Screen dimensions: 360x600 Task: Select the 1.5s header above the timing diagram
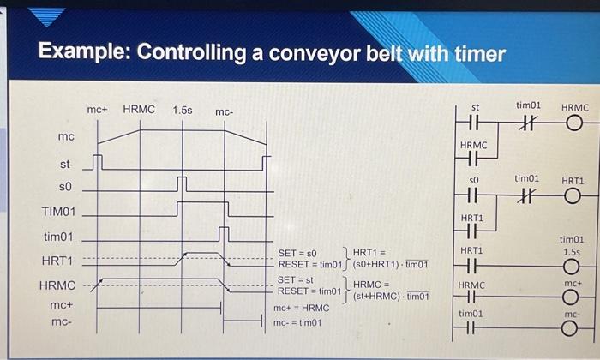(x=182, y=111)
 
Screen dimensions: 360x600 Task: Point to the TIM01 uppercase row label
(x=58, y=211)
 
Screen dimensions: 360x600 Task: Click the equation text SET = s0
(x=297, y=254)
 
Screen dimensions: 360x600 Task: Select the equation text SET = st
(x=297, y=280)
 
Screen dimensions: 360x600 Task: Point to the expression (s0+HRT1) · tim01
(x=390, y=264)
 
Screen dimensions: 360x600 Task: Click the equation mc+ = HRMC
(x=301, y=308)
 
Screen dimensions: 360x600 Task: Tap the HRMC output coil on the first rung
(x=574, y=125)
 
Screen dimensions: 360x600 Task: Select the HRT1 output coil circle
(x=573, y=196)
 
